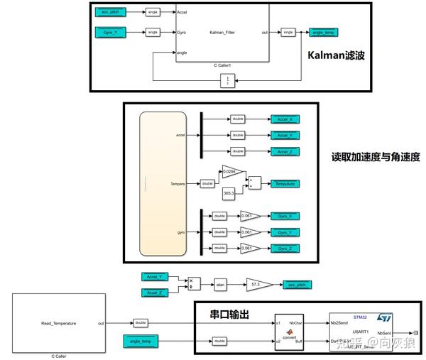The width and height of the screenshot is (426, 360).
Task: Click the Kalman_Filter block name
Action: (x=226, y=32)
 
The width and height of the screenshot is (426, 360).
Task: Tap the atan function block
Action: (x=220, y=284)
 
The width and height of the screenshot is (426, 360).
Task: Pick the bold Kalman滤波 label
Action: (x=335, y=55)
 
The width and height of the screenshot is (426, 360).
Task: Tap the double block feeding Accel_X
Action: (x=237, y=119)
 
